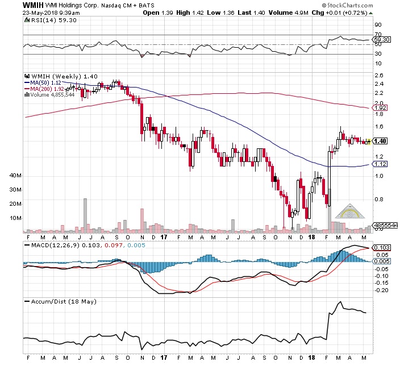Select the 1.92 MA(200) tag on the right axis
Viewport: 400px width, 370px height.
click(x=381, y=107)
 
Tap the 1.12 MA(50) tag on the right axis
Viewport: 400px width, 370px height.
click(x=381, y=164)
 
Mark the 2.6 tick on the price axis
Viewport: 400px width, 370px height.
click(x=378, y=75)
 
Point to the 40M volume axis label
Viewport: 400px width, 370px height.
click(x=15, y=176)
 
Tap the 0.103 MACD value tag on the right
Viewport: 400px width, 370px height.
click(x=383, y=248)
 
